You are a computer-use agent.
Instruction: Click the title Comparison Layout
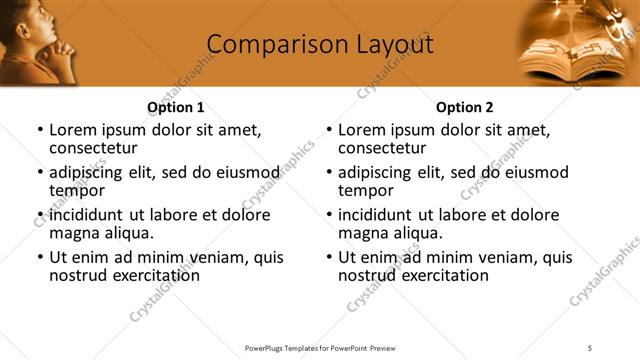(320, 45)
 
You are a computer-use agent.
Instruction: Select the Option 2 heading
(465, 107)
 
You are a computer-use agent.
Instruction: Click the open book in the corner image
(560, 55)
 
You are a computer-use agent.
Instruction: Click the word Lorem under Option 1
(73, 130)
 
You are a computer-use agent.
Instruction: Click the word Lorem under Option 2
(362, 130)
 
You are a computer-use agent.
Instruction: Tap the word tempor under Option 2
(365, 191)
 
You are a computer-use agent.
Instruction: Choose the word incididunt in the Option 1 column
(88, 215)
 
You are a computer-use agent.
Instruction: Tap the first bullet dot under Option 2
(329, 131)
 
